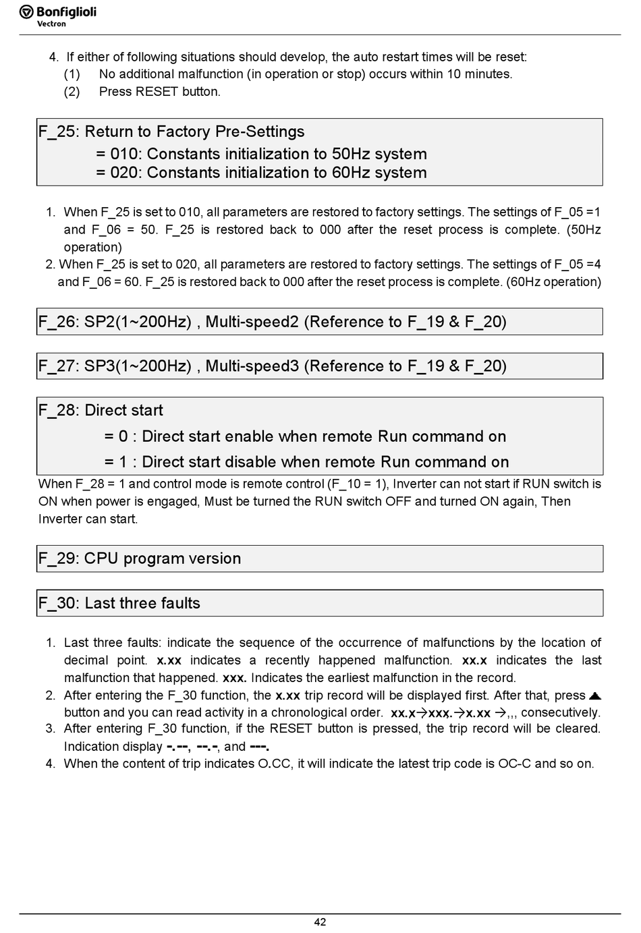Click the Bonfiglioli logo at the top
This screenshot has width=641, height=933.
click(57, 13)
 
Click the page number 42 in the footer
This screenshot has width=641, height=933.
click(320, 922)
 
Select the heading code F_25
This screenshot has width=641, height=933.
click(57, 132)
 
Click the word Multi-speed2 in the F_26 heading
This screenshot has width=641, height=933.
click(252, 322)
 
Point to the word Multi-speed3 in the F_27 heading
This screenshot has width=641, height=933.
click(252, 366)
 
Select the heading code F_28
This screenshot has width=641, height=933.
click(57, 410)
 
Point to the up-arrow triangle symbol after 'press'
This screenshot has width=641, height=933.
click(594, 696)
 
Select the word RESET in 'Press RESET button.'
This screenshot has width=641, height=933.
click(157, 92)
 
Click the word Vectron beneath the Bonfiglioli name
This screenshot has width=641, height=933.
click(51, 24)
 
